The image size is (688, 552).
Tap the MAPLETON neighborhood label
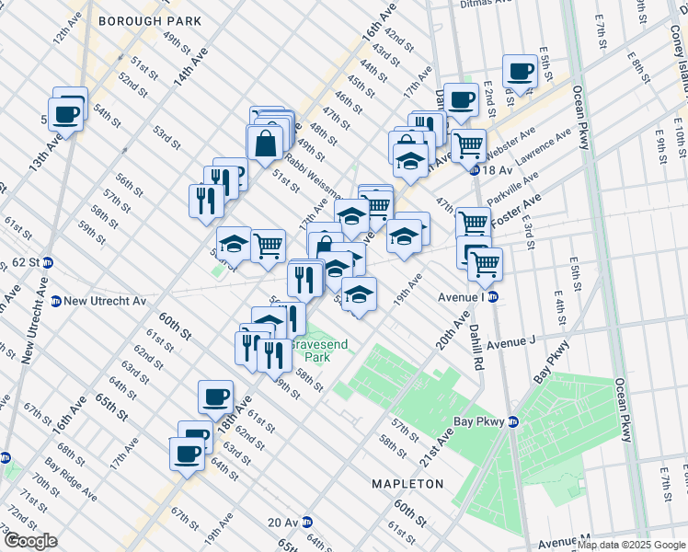[x=407, y=483]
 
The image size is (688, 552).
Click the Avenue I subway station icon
[x=492, y=296]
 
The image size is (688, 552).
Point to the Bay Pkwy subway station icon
[x=513, y=422]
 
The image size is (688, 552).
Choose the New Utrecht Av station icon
[x=56, y=301]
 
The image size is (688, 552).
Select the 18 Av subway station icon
[x=475, y=169]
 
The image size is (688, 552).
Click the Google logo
[x=31, y=541]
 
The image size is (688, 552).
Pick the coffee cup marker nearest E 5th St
[x=520, y=71]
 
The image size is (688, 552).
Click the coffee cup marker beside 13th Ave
[x=66, y=114]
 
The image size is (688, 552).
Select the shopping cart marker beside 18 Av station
[x=469, y=144]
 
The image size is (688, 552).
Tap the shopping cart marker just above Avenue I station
[x=485, y=264]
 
